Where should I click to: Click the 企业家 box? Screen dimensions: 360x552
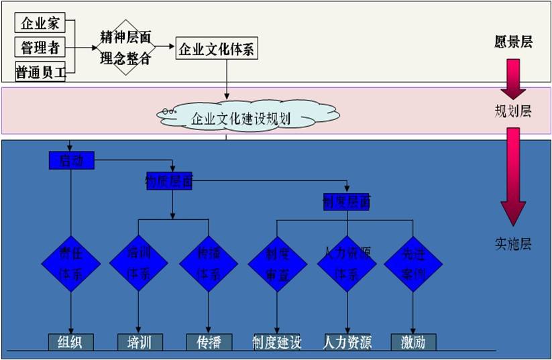click(x=40, y=23)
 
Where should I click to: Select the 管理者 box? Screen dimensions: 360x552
click(x=40, y=47)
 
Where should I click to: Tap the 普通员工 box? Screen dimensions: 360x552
click(x=40, y=72)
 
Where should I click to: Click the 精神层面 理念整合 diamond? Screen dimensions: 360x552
click(x=125, y=47)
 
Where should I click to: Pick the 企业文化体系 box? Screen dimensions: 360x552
click(x=217, y=49)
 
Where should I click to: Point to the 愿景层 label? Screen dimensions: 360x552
click(x=513, y=42)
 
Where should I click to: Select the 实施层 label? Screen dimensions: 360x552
click(x=512, y=243)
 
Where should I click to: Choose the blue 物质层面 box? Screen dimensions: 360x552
click(x=169, y=180)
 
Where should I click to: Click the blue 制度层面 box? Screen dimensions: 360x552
click(x=346, y=201)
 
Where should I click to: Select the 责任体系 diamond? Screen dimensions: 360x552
click(x=70, y=263)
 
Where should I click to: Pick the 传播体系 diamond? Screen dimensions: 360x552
click(x=209, y=263)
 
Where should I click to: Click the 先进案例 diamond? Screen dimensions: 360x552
click(x=413, y=263)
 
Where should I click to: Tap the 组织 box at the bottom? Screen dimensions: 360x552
click(x=70, y=342)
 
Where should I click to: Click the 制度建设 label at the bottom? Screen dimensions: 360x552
click(x=277, y=342)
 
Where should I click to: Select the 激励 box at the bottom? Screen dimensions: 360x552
click(x=413, y=342)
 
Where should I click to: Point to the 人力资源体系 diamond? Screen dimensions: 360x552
click(x=347, y=263)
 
